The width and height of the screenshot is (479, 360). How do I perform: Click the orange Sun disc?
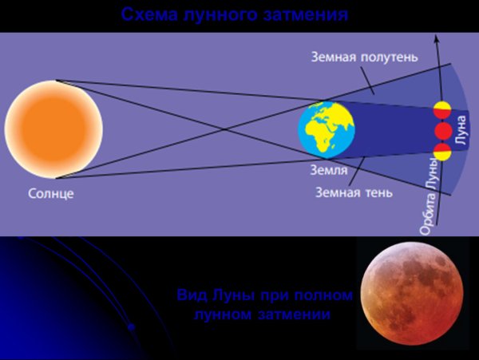point(53,128)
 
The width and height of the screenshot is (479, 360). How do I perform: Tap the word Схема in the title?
point(148,14)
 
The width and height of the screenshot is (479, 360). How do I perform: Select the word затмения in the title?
point(307,14)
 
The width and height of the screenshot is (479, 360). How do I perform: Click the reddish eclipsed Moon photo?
point(410,295)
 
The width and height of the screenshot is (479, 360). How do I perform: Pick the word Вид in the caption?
point(190,296)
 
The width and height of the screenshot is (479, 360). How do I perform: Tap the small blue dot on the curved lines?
point(130,326)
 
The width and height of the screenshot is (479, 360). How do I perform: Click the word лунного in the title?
point(223,14)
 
